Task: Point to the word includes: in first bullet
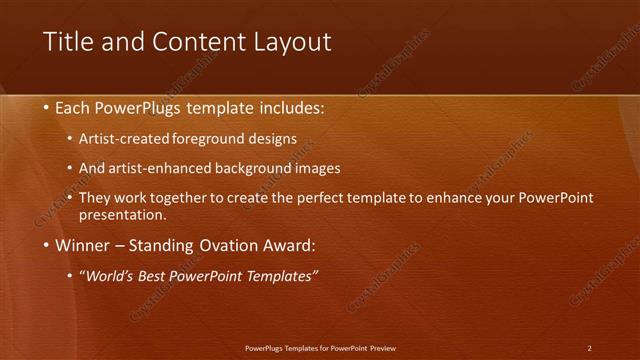tap(292, 107)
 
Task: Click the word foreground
tap(218, 138)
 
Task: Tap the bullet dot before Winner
tap(47, 245)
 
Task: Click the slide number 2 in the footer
tap(589, 348)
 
